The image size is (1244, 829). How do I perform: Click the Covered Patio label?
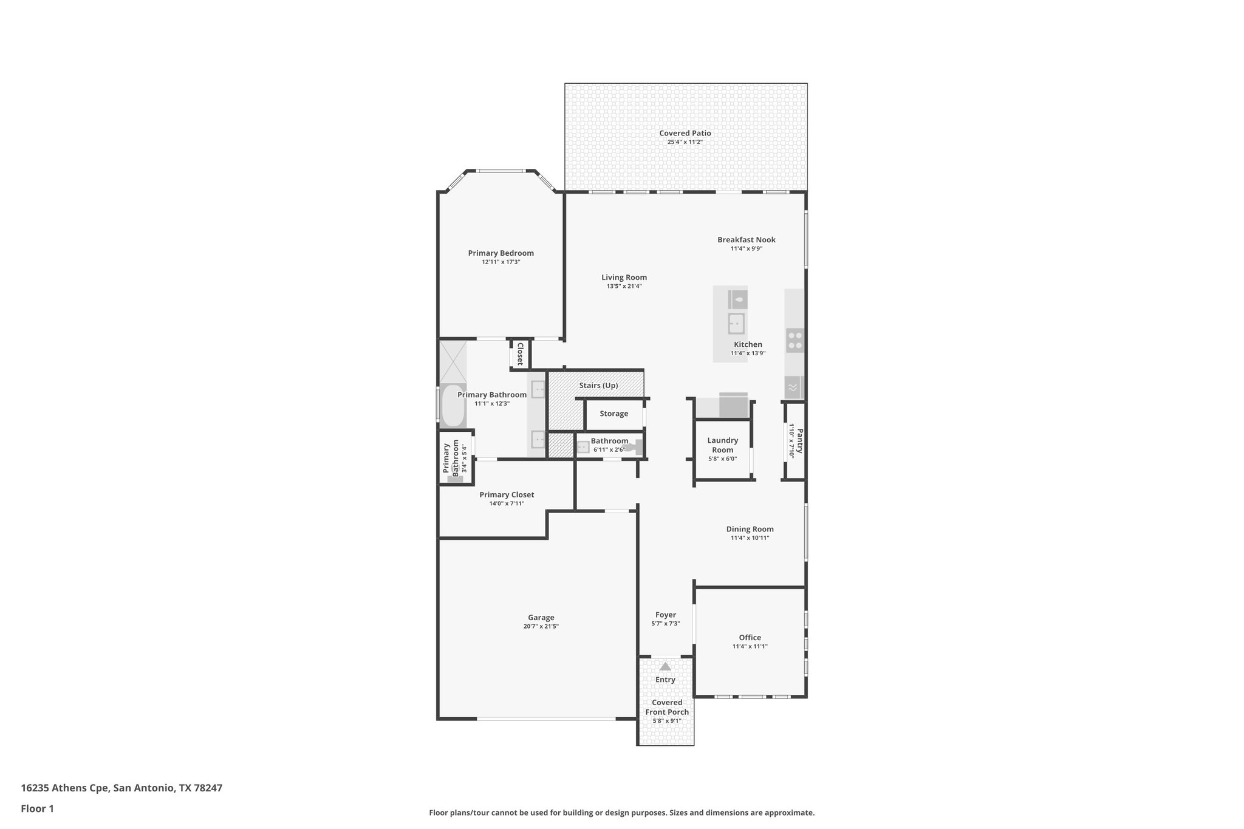tap(685, 133)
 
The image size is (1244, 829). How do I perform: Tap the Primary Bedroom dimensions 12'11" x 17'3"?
tap(501, 262)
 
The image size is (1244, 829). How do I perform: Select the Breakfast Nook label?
tap(746, 240)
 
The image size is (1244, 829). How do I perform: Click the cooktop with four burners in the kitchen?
tap(795, 340)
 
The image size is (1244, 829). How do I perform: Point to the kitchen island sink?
tap(736, 324)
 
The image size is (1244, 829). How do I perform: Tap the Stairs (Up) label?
tap(598, 386)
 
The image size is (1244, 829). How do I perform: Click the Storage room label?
tap(613, 414)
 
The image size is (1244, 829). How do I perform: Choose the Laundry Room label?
tap(722, 445)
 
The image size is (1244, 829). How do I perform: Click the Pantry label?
tap(800, 441)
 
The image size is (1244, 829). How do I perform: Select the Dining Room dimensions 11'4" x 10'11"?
tap(750, 538)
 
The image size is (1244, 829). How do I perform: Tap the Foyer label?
tap(665, 615)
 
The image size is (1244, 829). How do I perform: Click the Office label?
tap(750, 638)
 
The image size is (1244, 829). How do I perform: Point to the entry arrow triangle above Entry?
tap(665, 666)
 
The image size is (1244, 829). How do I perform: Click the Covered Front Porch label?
tap(667, 708)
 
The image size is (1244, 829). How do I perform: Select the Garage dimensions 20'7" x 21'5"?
tap(541, 626)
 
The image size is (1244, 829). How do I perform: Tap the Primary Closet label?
tap(507, 495)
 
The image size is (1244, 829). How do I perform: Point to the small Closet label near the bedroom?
tap(520, 354)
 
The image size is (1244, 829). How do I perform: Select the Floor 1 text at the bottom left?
tap(37, 808)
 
